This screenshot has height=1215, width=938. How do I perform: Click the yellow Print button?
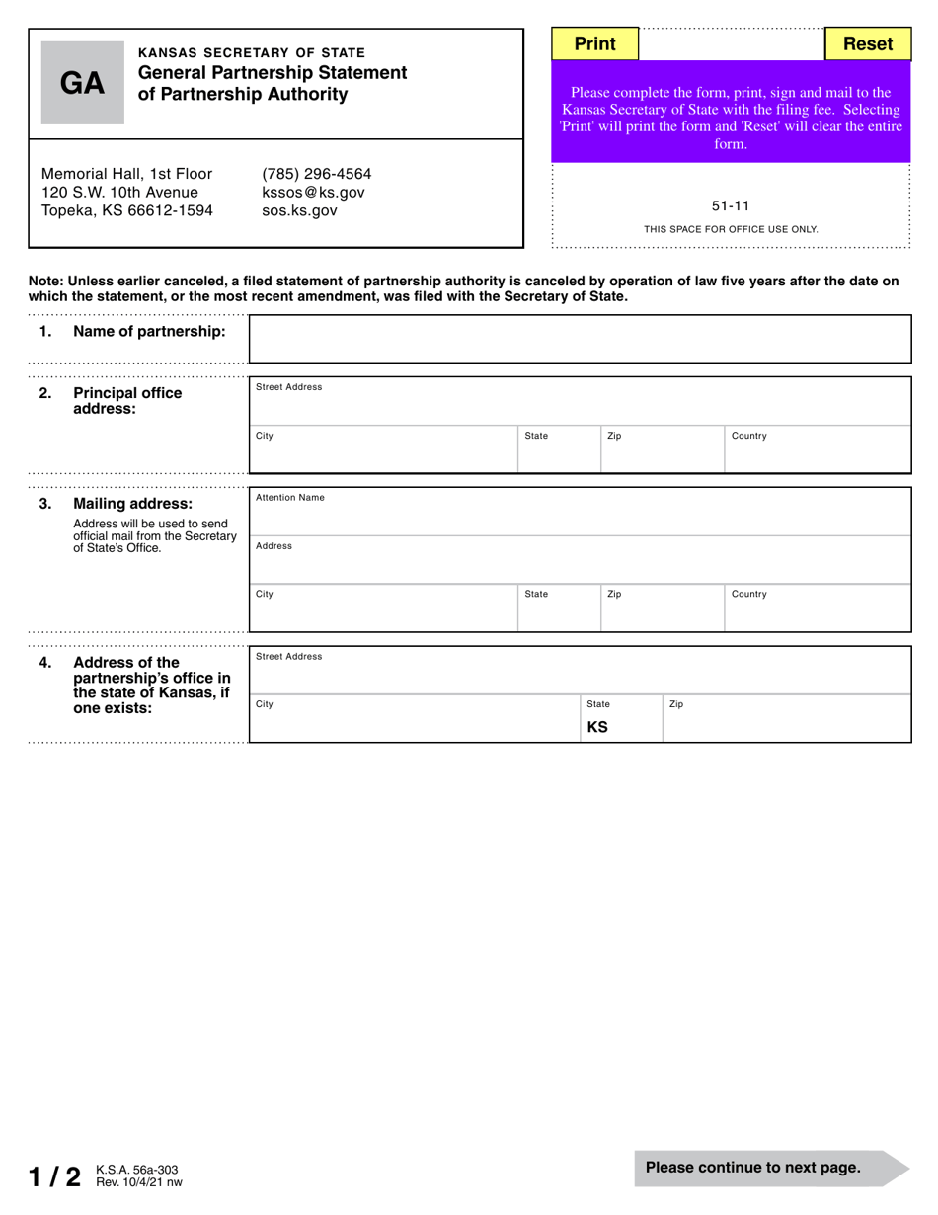coord(595,43)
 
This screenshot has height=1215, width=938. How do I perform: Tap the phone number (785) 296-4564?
coord(316,174)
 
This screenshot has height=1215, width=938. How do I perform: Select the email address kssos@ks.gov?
coord(313,193)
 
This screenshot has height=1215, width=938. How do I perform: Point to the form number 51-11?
coord(731,206)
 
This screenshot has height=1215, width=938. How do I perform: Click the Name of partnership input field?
coord(580,340)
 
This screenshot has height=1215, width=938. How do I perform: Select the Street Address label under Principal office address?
coord(288,387)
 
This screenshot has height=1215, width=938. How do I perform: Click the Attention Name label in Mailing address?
coord(289,498)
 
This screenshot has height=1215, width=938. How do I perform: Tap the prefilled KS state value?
coord(597,727)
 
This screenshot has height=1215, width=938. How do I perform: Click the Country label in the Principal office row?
coord(748,436)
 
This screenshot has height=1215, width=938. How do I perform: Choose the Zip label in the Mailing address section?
coord(613,595)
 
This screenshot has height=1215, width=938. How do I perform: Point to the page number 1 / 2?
coord(54,1175)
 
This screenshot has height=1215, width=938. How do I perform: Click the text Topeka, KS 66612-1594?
coord(126,210)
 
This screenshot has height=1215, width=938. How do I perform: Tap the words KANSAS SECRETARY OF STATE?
coord(251,52)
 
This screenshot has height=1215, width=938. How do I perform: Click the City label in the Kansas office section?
coord(264,704)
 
